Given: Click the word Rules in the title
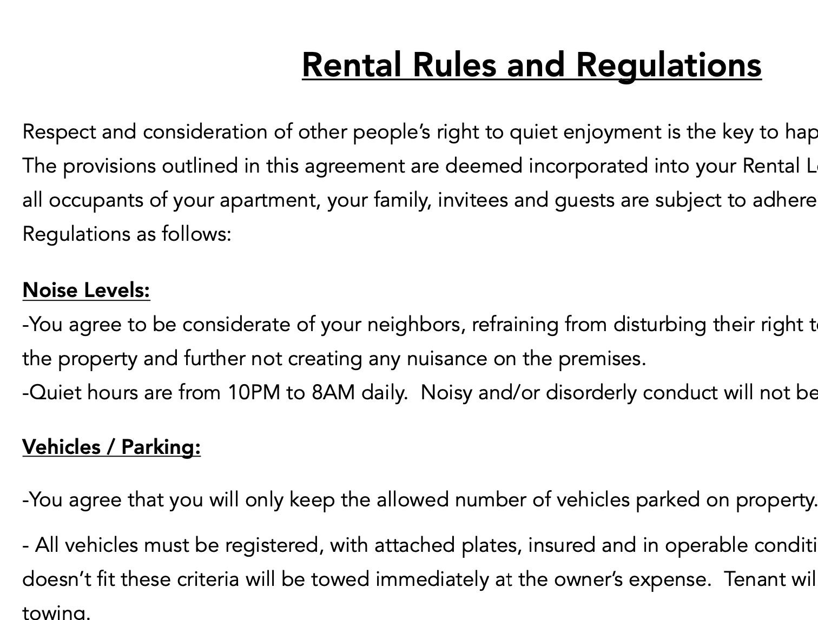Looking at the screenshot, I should (x=454, y=65).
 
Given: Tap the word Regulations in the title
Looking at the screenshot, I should (x=669, y=65).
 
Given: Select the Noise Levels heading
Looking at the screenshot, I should (x=86, y=291).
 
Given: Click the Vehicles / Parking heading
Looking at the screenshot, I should (x=111, y=447).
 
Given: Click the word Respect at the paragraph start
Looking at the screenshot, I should (x=59, y=132).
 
